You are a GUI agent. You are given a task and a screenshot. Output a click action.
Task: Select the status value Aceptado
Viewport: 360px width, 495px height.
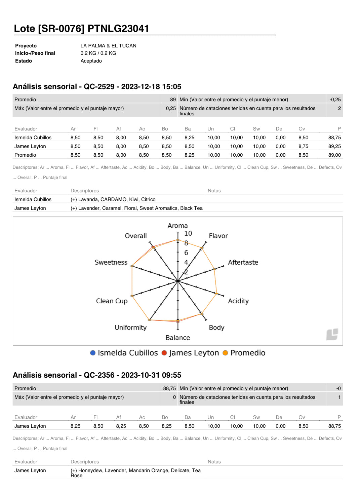click(x=91, y=61)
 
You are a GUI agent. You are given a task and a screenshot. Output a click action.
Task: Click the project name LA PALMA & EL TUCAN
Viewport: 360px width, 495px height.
click(x=108, y=46)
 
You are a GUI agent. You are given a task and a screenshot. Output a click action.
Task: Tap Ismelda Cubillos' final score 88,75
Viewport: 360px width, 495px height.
click(x=334, y=138)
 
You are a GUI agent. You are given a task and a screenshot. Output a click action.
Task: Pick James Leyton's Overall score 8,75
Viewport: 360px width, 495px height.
click(x=303, y=146)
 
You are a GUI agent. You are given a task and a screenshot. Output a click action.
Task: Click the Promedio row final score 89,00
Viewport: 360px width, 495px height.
click(x=334, y=155)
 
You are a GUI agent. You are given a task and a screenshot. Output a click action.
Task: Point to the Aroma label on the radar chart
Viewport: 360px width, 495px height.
click(x=177, y=226)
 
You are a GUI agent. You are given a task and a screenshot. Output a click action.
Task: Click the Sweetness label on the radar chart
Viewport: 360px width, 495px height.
click(x=111, y=262)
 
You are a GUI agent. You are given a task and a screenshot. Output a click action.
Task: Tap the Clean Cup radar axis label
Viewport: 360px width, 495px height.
click(x=112, y=301)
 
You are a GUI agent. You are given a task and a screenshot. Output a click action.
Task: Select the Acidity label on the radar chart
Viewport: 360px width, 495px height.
click(x=238, y=301)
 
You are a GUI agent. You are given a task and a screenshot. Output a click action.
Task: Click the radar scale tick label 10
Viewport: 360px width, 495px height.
click(x=188, y=233)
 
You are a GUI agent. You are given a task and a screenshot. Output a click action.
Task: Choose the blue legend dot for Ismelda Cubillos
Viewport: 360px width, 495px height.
click(x=93, y=353)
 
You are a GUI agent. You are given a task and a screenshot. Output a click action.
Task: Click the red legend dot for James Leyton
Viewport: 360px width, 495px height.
click(x=164, y=353)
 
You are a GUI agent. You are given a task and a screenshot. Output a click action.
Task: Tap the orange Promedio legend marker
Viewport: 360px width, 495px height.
click(x=225, y=353)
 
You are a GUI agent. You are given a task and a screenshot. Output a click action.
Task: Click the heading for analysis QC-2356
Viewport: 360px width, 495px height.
click(x=97, y=375)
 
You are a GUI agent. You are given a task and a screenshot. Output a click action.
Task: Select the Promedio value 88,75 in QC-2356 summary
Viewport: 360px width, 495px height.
click(x=169, y=388)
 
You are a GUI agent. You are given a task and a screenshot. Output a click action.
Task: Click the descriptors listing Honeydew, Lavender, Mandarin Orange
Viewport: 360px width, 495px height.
click(x=135, y=471)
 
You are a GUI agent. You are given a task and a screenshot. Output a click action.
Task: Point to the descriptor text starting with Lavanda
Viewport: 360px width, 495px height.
click(x=113, y=199)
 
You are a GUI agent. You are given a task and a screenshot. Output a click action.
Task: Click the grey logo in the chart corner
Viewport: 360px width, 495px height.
click(x=332, y=334)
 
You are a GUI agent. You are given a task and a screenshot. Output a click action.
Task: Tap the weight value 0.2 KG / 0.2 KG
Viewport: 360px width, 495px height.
click(x=98, y=53)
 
